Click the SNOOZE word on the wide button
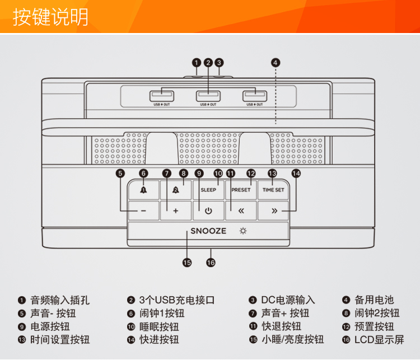click(208, 231)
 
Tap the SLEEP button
click(208, 190)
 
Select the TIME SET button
click(273, 190)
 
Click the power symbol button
click(208, 211)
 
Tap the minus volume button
click(143, 211)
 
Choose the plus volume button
click(175, 211)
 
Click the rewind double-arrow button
click(241, 211)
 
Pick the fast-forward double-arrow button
click(274, 211)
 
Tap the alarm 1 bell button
click(143, 190)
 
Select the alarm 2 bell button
click(175, 190)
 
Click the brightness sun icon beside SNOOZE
click(243, 231)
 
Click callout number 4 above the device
click(276, 63)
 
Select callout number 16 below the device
click(211, 262)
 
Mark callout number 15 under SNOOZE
click(187, 262)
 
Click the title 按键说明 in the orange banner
click(51, 17)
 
